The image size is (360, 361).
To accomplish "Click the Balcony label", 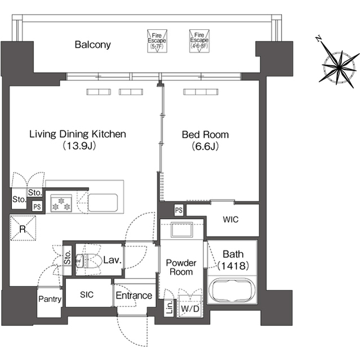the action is [x=92, y=45].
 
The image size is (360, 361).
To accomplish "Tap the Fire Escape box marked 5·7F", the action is [x=157, y=41].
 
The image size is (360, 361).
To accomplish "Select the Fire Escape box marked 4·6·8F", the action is [x=199, y=41].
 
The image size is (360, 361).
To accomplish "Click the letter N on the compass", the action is [x=318, y=39].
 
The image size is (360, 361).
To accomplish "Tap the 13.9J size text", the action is [x=79, y=146].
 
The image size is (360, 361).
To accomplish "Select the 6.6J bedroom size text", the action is [x=205, y=146].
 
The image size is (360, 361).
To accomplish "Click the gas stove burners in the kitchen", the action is [x=61, y=203].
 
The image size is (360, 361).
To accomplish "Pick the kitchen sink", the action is [x=103, y=202].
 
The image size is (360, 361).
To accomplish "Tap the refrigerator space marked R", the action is [x=23, y=228].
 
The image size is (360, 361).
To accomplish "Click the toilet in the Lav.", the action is [x=89, y=261].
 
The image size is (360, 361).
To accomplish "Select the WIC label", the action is [x=230, y=219].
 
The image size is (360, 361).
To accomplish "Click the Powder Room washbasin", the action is [x=181, y=230].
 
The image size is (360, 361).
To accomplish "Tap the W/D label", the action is [x=190, y=309].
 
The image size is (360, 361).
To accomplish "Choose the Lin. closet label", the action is [x=170, y=307].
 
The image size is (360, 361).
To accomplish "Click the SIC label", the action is [x=87, y=294].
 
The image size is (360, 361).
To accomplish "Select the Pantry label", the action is [x=50, y=299].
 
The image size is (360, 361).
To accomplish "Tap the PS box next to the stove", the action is [x=37, y=206].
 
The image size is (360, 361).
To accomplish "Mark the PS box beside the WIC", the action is [x=179, y=210].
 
